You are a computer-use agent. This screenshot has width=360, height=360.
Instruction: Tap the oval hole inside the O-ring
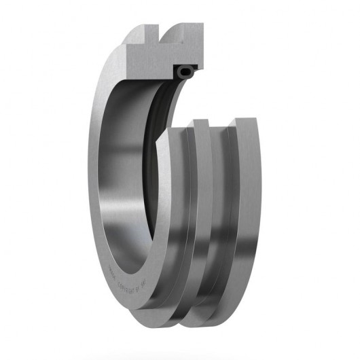(184, 70)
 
